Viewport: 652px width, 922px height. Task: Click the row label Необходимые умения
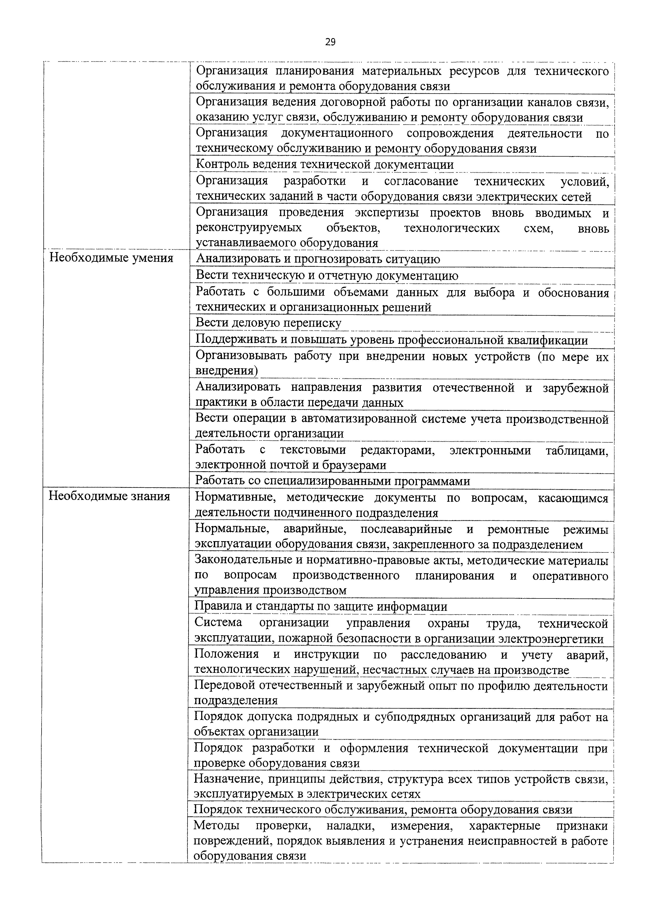(111, 258)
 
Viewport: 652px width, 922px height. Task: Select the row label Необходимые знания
(109, 496)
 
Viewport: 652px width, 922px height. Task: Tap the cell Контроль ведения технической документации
(325, 164)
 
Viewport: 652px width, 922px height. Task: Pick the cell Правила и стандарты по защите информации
(321, 606)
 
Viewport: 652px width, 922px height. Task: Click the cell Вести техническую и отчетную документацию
(327, 275)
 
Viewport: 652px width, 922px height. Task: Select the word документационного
(337, 133)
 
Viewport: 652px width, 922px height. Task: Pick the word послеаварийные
(406, 529)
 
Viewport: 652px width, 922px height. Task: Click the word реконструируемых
(249, 228)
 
